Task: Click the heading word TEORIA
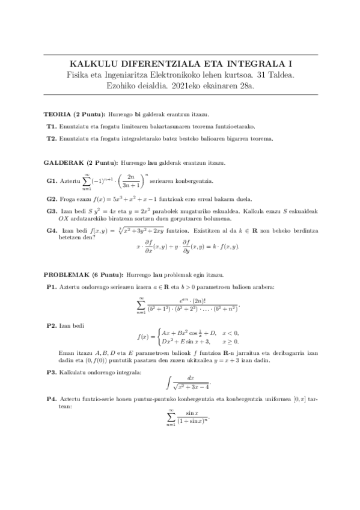point(57,114)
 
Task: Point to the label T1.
point(51,126)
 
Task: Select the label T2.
point(51,138)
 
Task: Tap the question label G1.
point(52,180)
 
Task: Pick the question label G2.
point(52,199)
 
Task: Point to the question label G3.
point(52,211)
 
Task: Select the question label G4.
point(52,230)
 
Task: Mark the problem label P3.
point(52,373)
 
